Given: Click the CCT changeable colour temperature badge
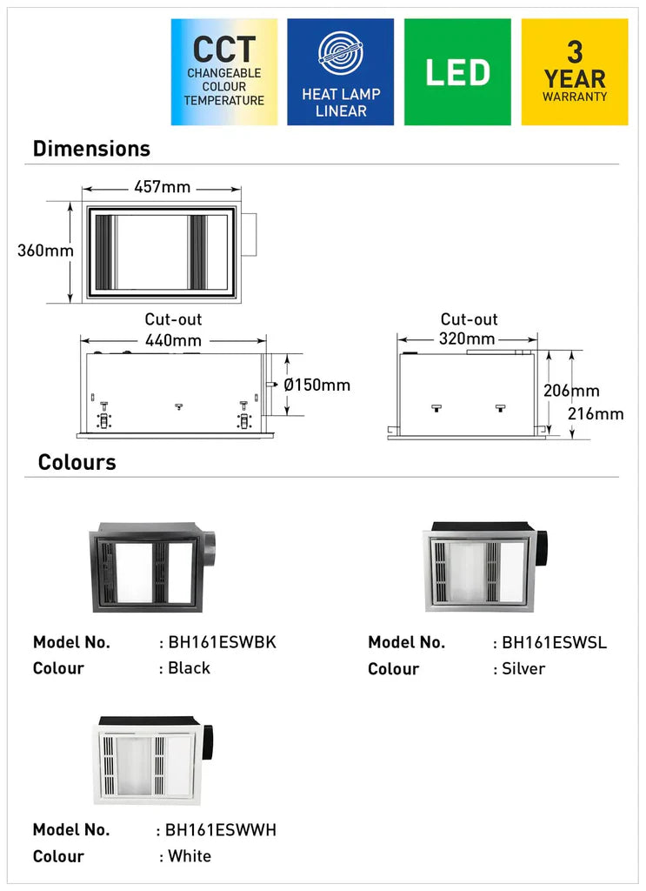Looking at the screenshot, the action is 224,71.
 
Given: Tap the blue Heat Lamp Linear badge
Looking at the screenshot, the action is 341,71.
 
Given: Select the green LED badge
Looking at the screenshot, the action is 457,71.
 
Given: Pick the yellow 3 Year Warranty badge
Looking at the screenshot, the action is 575,71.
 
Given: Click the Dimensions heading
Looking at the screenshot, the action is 91,148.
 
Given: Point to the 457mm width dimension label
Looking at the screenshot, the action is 163,186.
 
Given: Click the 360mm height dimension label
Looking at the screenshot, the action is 45,250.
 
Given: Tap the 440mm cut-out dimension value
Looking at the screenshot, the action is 173,340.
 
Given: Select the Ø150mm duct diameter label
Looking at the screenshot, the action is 316,385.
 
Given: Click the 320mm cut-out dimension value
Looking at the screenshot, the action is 467,338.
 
